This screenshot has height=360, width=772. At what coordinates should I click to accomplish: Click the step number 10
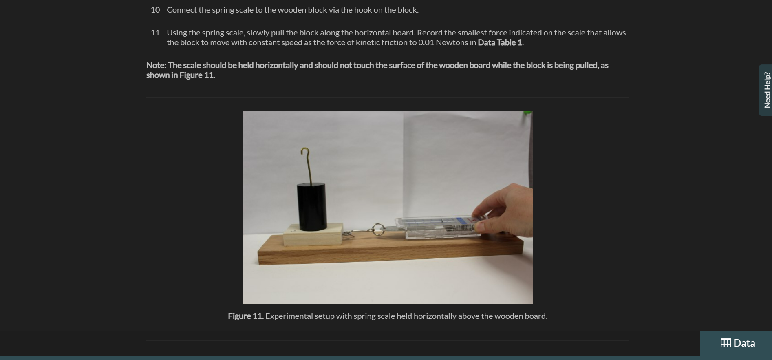pyautogui.click(x=155, y=10)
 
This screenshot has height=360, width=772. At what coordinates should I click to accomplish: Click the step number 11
pyautogui.click(x=155, y=33)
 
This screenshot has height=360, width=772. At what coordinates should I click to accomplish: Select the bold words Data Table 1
pyautogui.click(x=500, y=42)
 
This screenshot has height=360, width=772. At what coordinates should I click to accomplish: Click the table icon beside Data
pyautogui.click(x=726, y=343)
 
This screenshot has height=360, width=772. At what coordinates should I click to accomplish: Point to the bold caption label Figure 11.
pyautogui.click(x=246, y=316)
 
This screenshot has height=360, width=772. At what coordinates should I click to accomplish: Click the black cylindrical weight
pyautogui.click(x=311, y=206)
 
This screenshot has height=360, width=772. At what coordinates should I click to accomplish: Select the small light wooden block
pyautogui.click(x=313, y=236)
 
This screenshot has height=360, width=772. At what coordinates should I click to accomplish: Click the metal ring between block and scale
pyautogui.click(x=378, y=229)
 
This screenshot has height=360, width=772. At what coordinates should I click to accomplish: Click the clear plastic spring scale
pyautogui.click(x=438, y=227)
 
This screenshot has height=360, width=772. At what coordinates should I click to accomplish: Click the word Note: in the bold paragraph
pyautogui.click(x=156, y=65)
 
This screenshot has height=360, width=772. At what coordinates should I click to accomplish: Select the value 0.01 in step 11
pyautogui.click(x=426, y=42)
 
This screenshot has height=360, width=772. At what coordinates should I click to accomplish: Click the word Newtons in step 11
pyautogui.click(x=452, y=42)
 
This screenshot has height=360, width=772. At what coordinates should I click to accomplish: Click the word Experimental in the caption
pyautogui.click(x=287, y=316)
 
